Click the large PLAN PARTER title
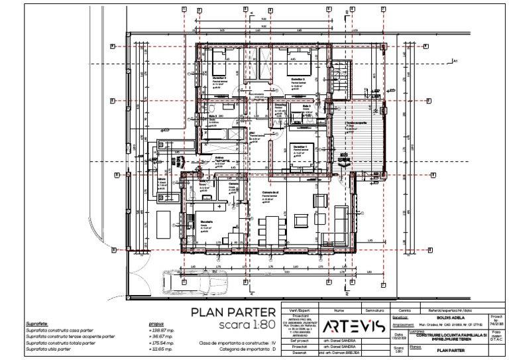pyautogui.click(x=233, y=312)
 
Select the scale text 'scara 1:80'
pyautogui.click(x=246, y=326)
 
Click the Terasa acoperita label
pyautogui.click(x=356, y=123)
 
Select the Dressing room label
pyautogui.click(x=279, y=104)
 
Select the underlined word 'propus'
pyautogui.click(x=156, y=323)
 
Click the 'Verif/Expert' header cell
pyautogui.click(x=298, y=310)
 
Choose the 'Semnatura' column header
pyautogui.click(x=373, y=310)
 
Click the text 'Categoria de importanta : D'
pyautogui.click(x=237, y=348)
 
